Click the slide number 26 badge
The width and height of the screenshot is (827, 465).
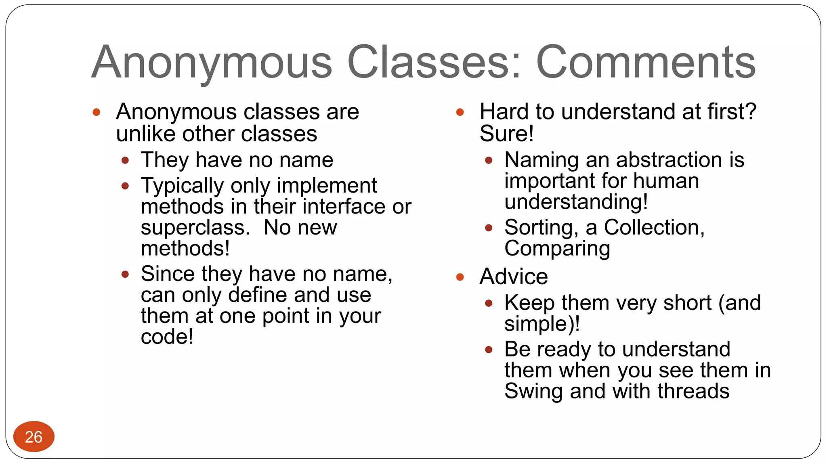(x=34, y=436)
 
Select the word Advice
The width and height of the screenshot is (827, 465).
(x=514, y=276)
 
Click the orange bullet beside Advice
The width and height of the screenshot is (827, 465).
(x=460, y=277)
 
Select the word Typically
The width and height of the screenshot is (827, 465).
(x=182, y=186)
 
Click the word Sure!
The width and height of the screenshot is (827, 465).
(x=506, y=134)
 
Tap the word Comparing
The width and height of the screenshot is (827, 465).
(x=557, y=249)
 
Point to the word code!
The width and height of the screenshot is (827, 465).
(x=167, y=337)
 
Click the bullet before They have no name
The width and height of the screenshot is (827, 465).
(x=125, y=161)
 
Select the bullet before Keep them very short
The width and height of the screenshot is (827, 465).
(x=489, y=303)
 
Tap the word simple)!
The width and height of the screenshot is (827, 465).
(x=542, y=324)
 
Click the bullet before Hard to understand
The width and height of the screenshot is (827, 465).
(x=460, y=112)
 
